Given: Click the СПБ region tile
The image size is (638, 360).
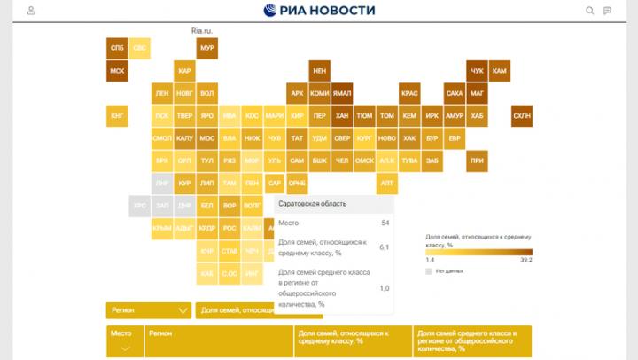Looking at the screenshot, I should coord(117,47).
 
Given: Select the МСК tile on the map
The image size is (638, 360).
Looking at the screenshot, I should coord(117,70).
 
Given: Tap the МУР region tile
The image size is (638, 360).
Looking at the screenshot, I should coord(207,47).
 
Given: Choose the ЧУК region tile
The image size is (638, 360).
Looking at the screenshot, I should coord(478,70).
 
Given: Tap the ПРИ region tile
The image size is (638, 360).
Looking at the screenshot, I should coord(478,161).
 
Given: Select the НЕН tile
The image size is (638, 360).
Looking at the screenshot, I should coord(320,70).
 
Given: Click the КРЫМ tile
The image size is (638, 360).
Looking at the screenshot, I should coord(162,229).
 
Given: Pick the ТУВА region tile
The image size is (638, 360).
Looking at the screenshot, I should coord(409,161).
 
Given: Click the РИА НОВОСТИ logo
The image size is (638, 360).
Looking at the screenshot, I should coord(319,11).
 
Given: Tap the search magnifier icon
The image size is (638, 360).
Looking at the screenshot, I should coord(590,11).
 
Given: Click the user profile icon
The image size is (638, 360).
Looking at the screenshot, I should coord(32,11).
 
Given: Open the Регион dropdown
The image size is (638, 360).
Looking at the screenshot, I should coord(148,310).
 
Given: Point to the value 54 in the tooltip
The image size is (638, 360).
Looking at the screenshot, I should coord(385,223).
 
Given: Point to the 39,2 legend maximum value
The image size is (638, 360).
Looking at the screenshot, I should coord(525,261).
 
